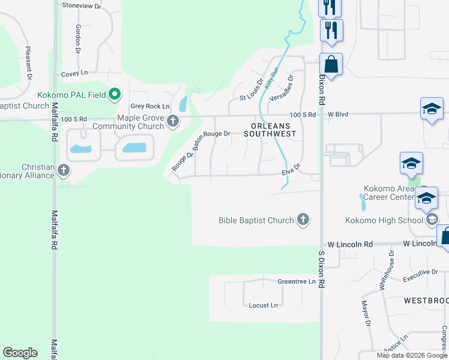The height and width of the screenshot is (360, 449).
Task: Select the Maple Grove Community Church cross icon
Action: [x=173, y=121]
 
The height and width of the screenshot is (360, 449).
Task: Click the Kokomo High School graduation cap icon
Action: [x=431, y=220]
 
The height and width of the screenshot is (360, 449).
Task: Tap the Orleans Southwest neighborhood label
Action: [x=270, y=130]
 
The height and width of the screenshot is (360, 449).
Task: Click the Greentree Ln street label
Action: [x=297, y=281]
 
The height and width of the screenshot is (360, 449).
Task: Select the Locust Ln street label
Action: [x=264, y=305]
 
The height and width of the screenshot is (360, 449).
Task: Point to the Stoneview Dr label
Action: [x=82, y=5]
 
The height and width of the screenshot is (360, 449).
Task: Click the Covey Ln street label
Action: [x=74, y=73]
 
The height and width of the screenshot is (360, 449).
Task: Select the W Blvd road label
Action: [x=338, y=114]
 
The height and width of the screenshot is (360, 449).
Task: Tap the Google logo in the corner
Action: [x=20, y=353]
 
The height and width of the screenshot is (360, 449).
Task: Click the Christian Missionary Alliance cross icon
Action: [x=63, y=171]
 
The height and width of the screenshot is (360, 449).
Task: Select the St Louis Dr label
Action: [x=252, y=89]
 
